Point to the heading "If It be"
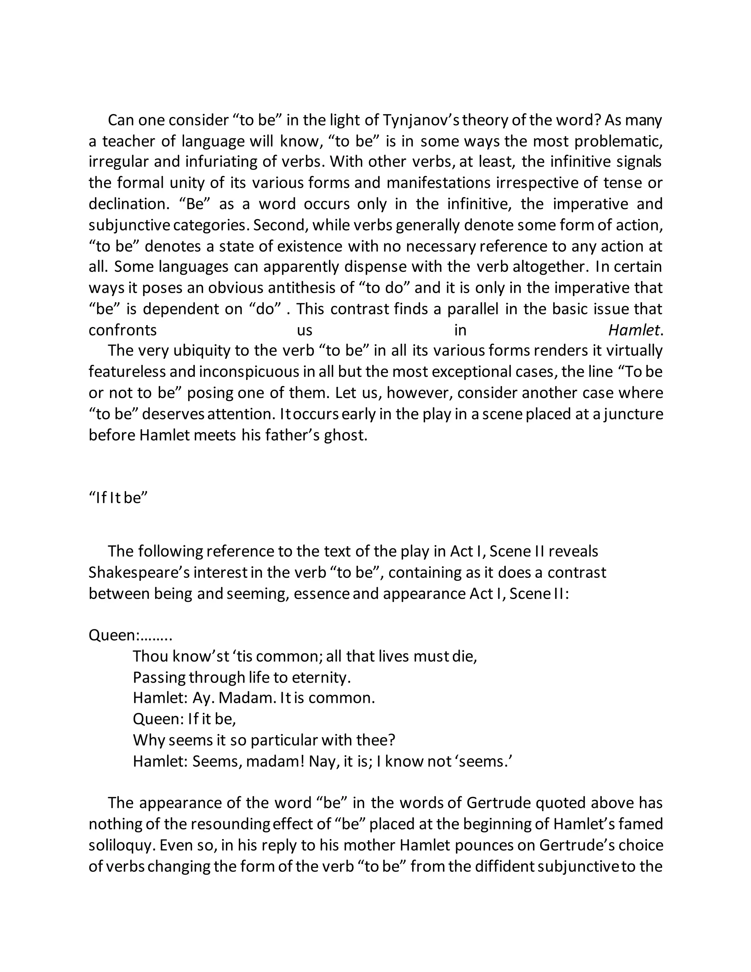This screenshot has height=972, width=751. [x=118, y=498]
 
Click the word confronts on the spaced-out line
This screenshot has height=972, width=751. [x=123, y=330]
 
